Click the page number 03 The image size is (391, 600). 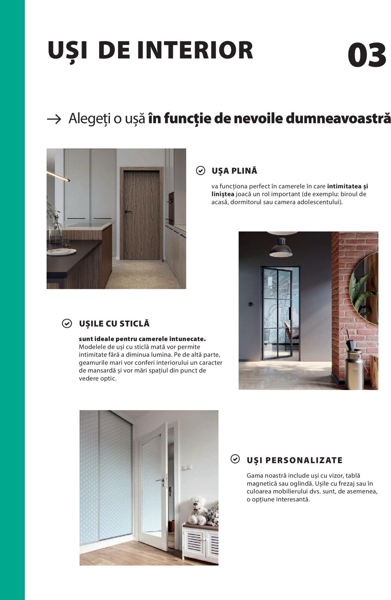click(367, 55)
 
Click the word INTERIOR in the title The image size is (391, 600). click(195, 50)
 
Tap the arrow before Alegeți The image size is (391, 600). click(54, 119)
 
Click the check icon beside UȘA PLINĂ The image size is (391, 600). click(200, 170)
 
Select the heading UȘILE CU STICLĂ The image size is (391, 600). click(114, 324)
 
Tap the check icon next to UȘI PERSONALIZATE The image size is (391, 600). click(235, 459)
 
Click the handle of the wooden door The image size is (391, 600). click(128, 211)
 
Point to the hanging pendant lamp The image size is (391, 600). click(281, 248)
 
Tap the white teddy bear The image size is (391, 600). click(197, 510)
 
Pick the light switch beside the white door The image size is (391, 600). click(187, 468)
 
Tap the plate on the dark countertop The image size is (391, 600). click(61, 252)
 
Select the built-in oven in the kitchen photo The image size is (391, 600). click(171, 208)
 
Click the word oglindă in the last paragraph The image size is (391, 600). click(302, 484)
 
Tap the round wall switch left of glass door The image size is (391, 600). click(250, 304)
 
